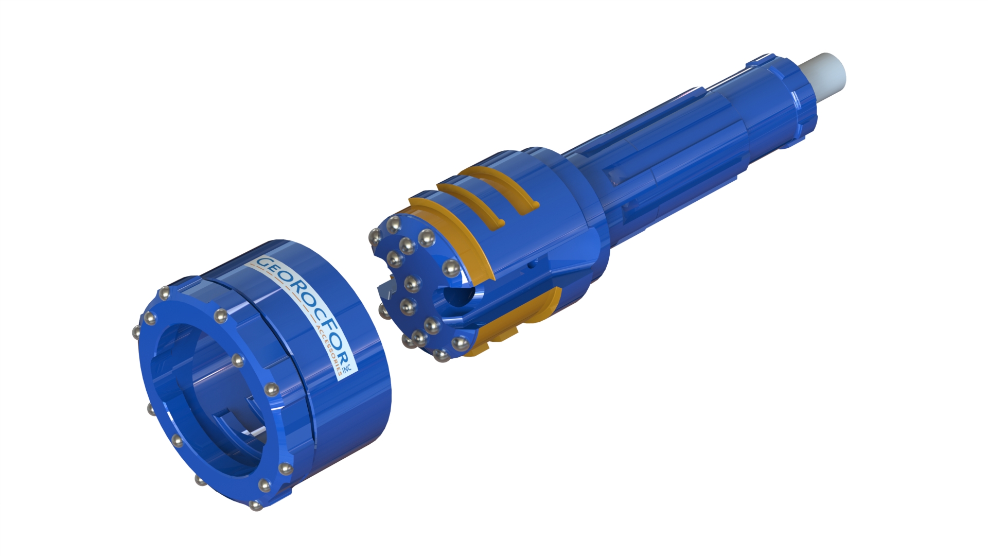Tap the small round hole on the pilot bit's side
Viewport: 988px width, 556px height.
click(x=530, y=267)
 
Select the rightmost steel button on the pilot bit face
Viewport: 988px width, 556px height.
click(x=451, y=268)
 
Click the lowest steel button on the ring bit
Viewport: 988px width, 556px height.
click(x=254, y=506)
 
